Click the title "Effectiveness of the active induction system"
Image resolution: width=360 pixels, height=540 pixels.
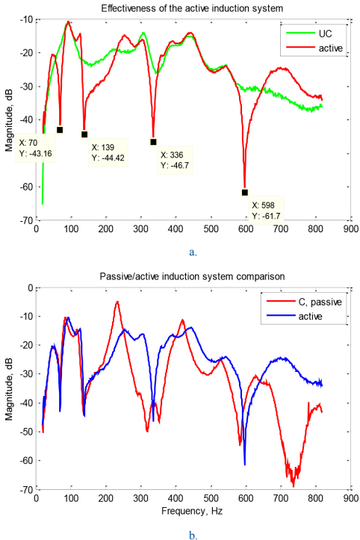192,9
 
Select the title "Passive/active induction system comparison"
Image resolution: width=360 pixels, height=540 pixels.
192,276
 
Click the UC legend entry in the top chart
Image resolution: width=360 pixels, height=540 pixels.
308,34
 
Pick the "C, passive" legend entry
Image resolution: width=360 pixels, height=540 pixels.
304,302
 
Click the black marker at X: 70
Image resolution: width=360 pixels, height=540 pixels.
60,130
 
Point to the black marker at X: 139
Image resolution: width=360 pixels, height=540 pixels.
84,134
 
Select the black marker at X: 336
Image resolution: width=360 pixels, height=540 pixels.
153,142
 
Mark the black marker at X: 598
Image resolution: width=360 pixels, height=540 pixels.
244,193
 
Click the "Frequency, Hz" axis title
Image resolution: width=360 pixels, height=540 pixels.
192,512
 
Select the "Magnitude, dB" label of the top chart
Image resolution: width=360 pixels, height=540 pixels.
9,120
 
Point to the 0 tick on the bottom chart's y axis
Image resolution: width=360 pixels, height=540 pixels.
31,288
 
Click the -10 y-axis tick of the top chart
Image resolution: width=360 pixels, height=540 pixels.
26,19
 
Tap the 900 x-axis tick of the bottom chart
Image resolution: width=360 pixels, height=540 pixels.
351,497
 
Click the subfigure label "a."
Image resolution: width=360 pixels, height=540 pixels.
193,252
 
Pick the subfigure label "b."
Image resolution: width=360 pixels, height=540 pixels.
193,536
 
